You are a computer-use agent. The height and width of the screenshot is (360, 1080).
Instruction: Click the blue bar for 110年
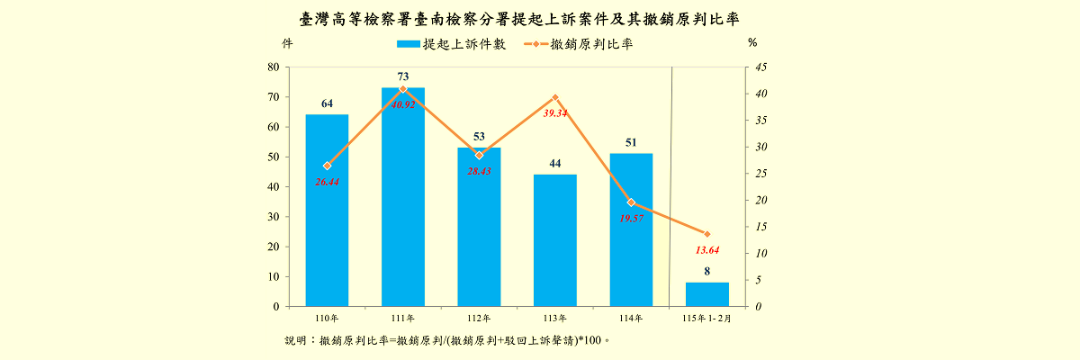pos(327,211)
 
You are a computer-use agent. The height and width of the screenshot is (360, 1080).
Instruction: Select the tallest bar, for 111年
pos(402,197)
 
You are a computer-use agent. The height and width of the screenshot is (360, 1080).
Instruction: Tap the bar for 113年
pos(554,240)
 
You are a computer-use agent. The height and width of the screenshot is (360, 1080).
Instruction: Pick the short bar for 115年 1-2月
pos(706,294)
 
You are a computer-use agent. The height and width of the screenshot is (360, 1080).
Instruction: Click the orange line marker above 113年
pos(554,97)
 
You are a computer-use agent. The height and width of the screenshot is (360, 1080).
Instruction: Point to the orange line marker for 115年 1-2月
pos(706,234)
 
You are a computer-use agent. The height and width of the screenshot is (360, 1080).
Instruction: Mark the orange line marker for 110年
pos(327,166)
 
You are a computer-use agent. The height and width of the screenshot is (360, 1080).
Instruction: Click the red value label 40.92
pos(402,104)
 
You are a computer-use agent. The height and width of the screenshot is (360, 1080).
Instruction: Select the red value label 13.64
pos(706,249)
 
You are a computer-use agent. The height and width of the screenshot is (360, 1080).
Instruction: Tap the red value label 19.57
pos(631,219)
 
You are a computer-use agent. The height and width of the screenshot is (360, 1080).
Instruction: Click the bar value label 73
pos(402,76)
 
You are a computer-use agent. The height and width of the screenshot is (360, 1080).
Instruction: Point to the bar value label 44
pos(554,163)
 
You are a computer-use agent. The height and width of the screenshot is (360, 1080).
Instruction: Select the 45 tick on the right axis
pos(761,67)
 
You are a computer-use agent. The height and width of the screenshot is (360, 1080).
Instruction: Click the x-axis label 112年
pos(479,319)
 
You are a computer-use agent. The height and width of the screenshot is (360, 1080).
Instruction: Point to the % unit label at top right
pos(752,42)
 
